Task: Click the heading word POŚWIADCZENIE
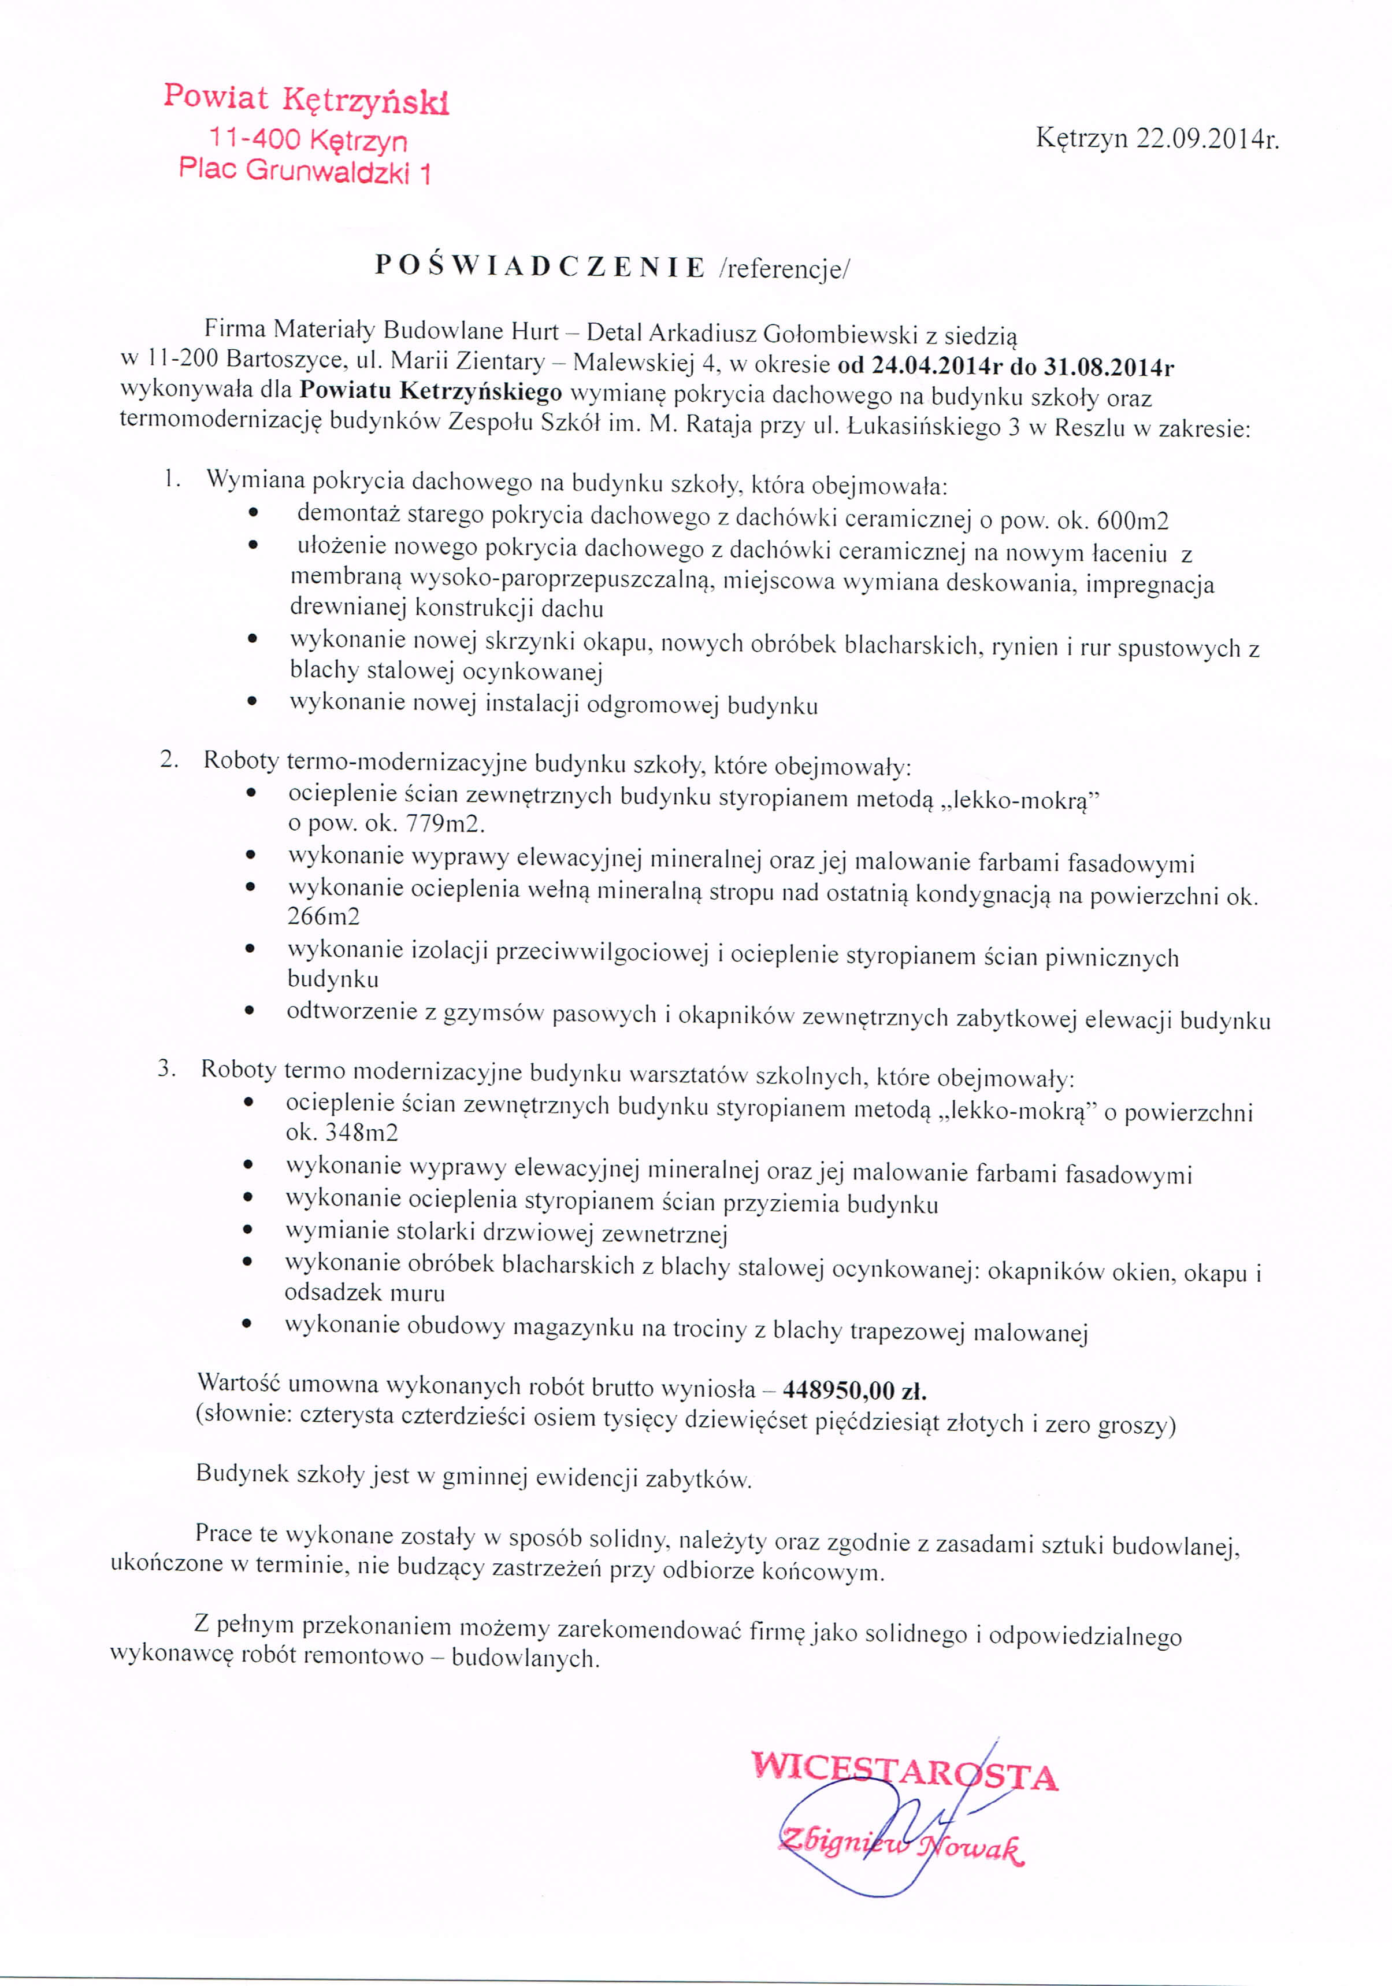click(x=540, y=267)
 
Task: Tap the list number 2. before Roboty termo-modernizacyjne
click(x=169, y=760)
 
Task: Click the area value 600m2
click(x=1132, y=521)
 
